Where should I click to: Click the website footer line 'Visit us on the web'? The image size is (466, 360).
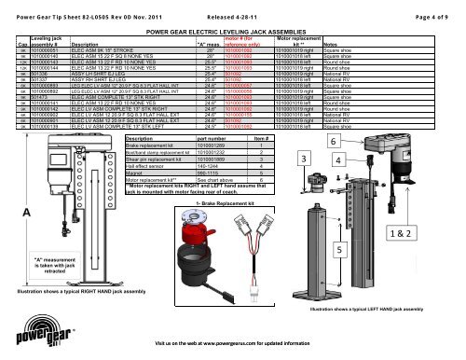coord(226,343)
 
